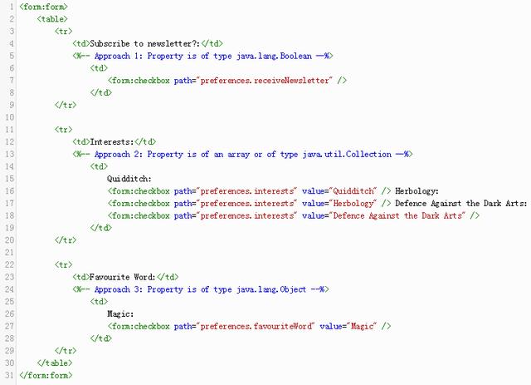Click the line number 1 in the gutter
(9, 6)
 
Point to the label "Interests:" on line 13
(113, 141)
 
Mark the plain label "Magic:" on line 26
(120, 314)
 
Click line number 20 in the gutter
(7, 239)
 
